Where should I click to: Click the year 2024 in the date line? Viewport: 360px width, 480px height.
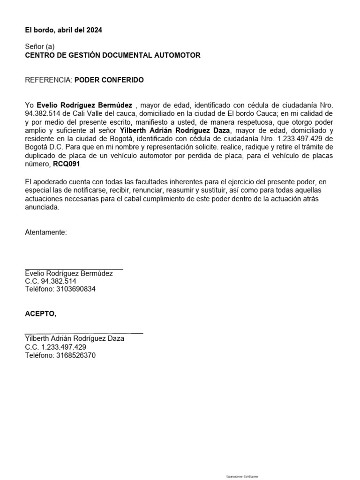[94, 30]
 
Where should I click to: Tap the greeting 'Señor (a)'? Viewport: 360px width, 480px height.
[40, 47]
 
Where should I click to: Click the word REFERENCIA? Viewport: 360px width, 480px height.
[48, 80]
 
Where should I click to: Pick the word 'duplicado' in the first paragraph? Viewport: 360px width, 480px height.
[40, 156]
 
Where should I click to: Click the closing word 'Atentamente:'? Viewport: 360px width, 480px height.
[46, 232]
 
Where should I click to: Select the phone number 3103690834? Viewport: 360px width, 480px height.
[75, 289]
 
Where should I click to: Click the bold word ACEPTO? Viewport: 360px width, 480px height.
[40, 314]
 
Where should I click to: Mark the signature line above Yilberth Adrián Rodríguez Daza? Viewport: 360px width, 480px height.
[84, 332]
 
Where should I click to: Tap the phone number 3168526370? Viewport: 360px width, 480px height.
[75, 355]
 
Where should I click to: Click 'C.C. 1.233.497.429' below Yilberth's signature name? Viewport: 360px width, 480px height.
[55, 347]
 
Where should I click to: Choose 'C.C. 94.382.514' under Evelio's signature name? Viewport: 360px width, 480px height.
[51, 281]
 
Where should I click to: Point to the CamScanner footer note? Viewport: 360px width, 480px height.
[242, 476]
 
